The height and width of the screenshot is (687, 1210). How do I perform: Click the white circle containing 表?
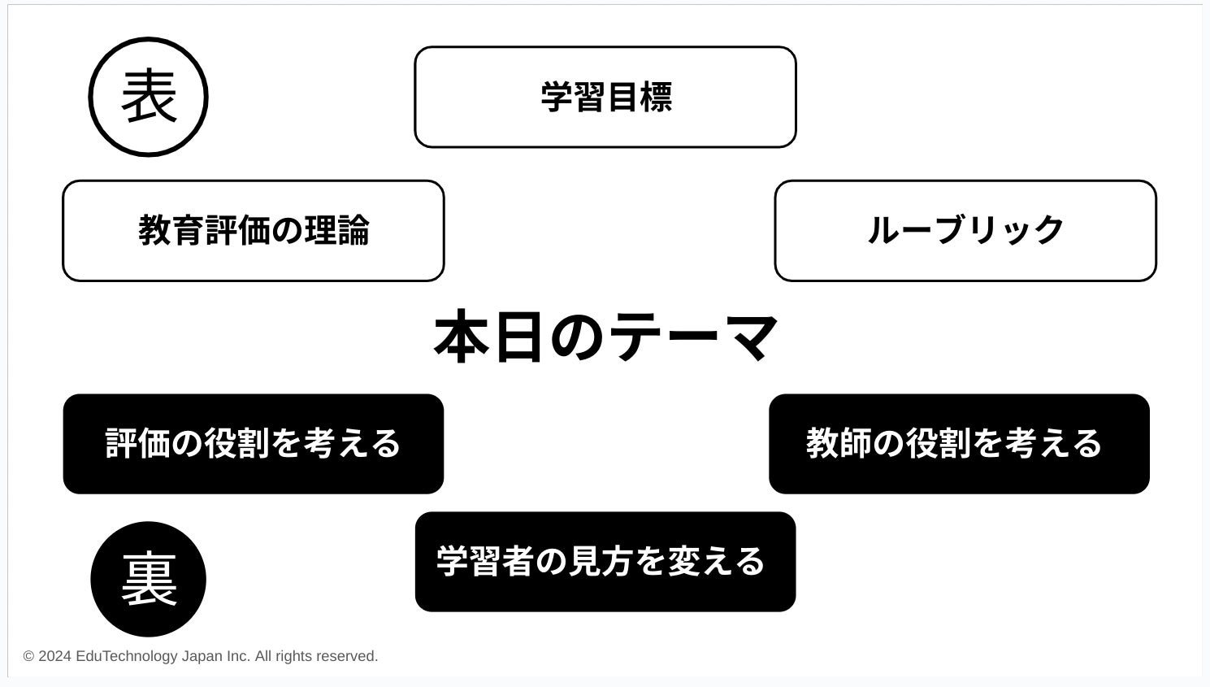[x=149, y=97]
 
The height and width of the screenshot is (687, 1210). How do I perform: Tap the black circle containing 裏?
[x=149, y=579]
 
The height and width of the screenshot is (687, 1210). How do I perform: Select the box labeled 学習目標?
[x=605, y=98]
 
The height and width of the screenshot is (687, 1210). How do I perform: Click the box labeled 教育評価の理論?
[x=254, y=231]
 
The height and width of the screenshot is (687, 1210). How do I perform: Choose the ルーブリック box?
[x=965, y=231]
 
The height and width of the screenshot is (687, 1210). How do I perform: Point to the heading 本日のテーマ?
[x=606, y=337]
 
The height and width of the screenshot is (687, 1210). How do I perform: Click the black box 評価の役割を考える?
[x=254, y=444]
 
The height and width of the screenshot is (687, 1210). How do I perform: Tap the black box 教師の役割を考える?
[x=959, y=444]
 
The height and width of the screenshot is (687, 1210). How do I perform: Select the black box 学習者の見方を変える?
[x=605, y=562]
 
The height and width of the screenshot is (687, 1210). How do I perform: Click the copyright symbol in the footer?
[x=28, y=656]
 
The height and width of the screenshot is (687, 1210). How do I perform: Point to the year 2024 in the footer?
[x=54, y=656]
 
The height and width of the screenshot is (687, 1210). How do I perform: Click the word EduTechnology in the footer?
[x=126, y=656]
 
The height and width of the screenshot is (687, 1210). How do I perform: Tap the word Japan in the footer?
[x=201, y=656]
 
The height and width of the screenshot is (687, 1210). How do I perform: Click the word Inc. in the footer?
[x=237, y=656]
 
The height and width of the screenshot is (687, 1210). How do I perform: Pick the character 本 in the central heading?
[x=462, y=337]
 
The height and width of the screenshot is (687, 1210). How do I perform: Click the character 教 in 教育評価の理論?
[x=155, y=231]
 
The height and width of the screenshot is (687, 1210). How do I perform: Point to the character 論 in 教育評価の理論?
[x=353, y=231]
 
